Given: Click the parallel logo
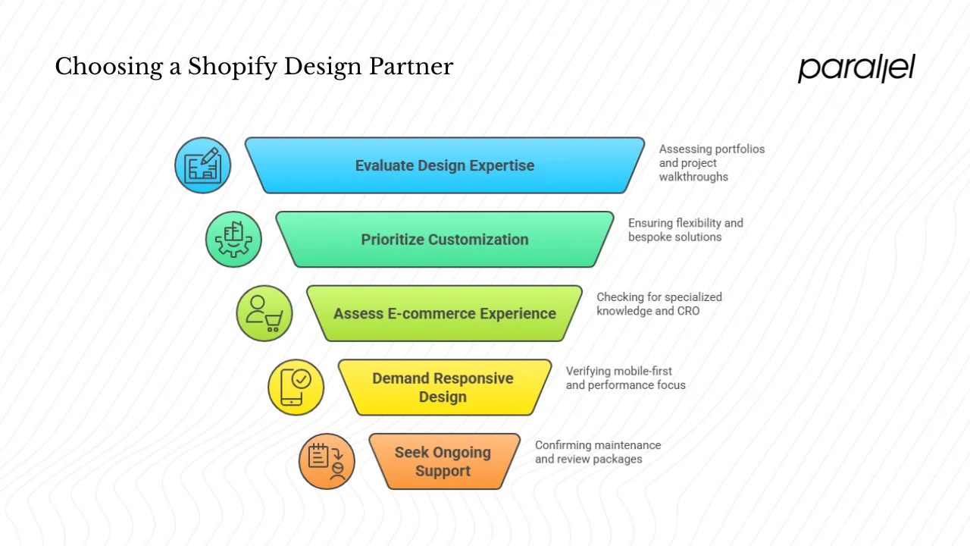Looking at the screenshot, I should tap(856, 68).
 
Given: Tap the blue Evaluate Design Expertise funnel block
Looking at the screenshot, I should tap(445, 165).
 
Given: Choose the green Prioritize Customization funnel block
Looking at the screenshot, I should tap(445, 240).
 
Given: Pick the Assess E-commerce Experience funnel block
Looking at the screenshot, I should tap(445, 313).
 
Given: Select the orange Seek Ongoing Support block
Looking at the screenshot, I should tap(443, 461).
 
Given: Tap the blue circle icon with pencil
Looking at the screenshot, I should tap(202, 165).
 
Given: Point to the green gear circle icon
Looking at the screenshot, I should tap(233, 240).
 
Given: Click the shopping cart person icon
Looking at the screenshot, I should tap(264, 313).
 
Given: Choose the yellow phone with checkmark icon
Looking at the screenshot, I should tap(296, 387).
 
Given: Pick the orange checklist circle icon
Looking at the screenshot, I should tap(327, 461).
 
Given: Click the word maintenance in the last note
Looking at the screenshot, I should tap(626, 445).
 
